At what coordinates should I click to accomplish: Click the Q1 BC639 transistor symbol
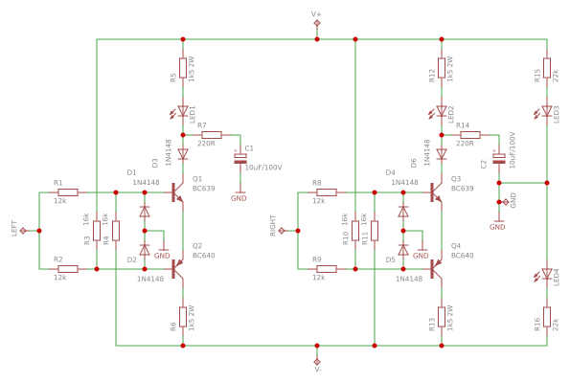click(x=178, y=192)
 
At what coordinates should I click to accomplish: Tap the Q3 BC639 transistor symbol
click(x=437, y=192)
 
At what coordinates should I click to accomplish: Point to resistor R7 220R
click(x=211, y=135)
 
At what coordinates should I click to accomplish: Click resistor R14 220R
click(x=468, y=135)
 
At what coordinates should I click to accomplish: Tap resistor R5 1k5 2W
click(x=183, y=69)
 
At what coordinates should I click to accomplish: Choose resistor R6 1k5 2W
click(x=183, y=317)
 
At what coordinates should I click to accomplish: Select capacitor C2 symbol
click(x=498, y=157)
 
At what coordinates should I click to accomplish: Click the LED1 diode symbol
click(x=183, y=111)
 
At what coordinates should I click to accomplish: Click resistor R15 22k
click(x=546, y=69)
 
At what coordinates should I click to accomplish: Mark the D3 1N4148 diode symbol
click(x=183, y=153)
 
